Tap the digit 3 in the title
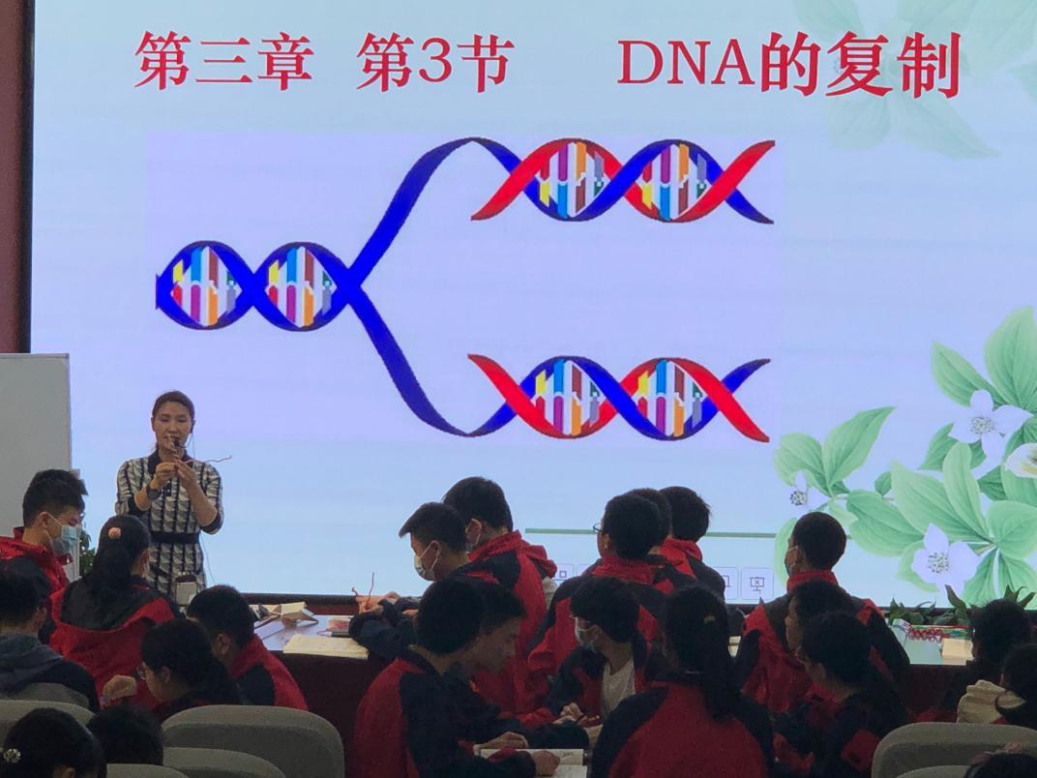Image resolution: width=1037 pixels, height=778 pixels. click(434, 61)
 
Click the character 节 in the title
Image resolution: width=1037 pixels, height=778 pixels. click(484, 61)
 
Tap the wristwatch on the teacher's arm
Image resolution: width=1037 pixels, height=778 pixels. click(154, 493)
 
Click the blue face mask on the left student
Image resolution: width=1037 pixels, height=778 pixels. click(66, 539)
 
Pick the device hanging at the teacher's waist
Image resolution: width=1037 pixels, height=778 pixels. click(186, 588)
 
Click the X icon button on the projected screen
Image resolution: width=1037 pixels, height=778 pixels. click(756, 583)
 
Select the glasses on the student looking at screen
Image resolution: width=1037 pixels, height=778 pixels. click(599, 528)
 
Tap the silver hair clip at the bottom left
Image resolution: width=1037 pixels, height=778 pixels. click(12, 755)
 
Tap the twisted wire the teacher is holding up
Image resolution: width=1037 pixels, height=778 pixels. click(198, 462)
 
